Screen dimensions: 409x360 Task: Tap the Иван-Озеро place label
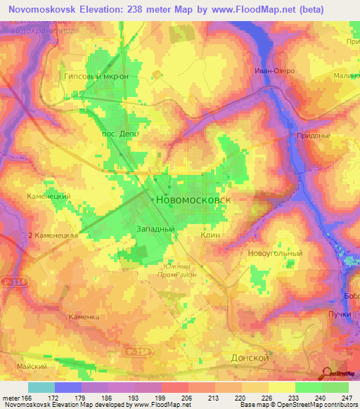tap(274, 71)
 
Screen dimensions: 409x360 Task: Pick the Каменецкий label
tap(48, 197)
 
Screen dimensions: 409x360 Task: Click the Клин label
tap(210, 236)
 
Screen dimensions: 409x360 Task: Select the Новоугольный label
tap(275, 253)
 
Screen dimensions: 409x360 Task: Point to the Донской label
tap(250, 358)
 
